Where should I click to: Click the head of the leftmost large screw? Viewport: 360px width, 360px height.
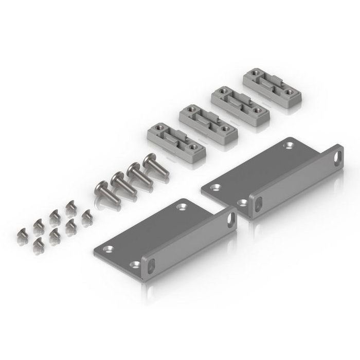[x=100, y=188]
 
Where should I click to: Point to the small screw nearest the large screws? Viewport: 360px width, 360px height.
[x=69, y=205]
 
